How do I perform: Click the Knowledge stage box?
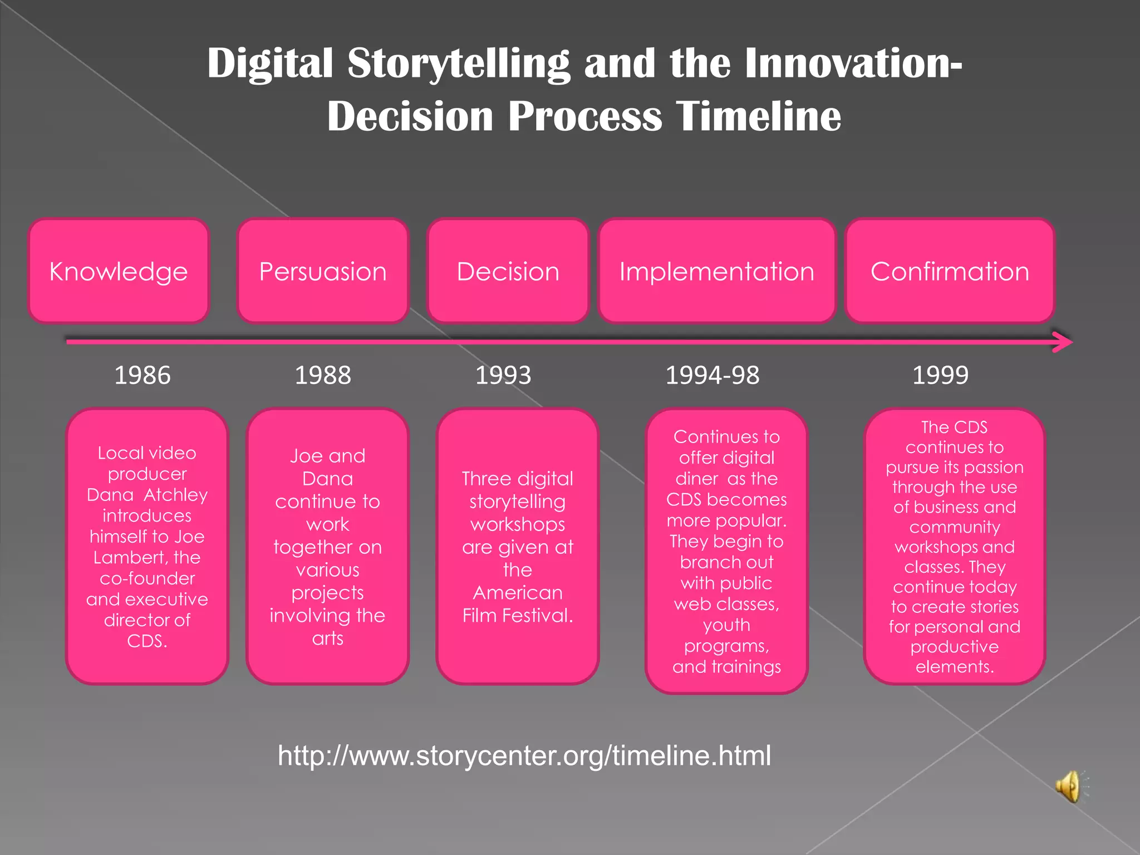(119, 271)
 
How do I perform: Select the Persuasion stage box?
(323, 271)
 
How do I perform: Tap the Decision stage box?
(508, 271)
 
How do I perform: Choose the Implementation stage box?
(717, 271)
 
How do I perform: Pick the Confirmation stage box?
(950, 271)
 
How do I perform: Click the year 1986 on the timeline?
(142, 375)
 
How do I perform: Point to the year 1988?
(323, 375)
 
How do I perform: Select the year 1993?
(503, 375)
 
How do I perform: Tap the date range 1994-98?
(712, 375)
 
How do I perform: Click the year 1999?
(940, 375)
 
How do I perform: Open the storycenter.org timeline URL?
(524, 755)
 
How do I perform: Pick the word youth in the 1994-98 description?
(726, 625)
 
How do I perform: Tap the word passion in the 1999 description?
(994, 468)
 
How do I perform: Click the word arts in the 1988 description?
(327, 638)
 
